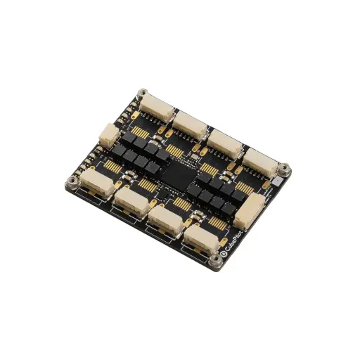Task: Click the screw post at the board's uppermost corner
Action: coord(143,94)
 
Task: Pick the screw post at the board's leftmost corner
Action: coord(73,184)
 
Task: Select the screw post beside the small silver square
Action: coord(285,168)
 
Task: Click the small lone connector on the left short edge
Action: coord(108,134)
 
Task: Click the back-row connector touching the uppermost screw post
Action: coord(156,107)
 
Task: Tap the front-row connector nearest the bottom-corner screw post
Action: coord(199,239)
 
